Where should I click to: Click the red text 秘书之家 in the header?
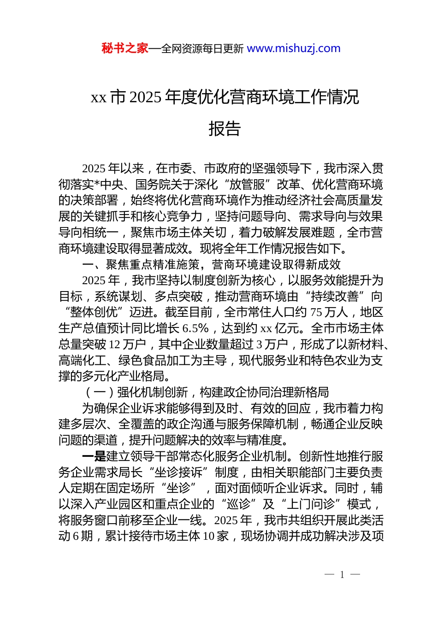point(125,48)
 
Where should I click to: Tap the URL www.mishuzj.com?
point(294,48)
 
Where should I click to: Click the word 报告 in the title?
point(225,129)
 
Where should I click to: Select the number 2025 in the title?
point(145,97)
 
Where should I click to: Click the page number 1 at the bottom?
point(342,574)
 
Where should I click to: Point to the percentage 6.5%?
point(195,328)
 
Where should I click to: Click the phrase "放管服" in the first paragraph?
point(247,185)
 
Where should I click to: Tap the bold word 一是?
point(94,456)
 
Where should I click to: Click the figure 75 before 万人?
point(316,312)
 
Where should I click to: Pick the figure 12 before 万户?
point(115,344)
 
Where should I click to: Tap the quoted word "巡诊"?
point(239,504)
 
